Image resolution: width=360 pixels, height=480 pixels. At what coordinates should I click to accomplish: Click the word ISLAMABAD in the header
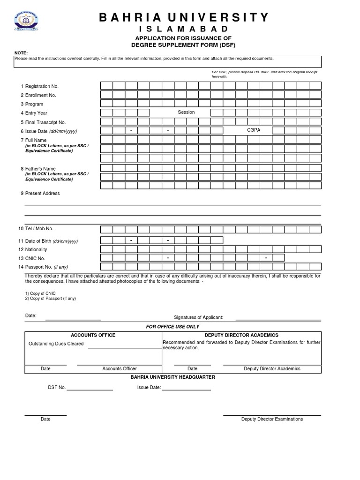[184, 30]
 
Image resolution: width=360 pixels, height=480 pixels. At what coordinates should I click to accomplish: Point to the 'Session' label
[186, 112]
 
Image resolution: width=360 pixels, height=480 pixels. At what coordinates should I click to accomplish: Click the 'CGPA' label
[253, 130]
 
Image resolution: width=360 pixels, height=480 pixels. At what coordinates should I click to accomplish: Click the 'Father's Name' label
[40, 169]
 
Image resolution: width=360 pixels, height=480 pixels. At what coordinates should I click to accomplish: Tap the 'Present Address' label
[42, 193]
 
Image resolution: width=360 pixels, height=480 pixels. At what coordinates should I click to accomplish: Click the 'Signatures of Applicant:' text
[198, 317]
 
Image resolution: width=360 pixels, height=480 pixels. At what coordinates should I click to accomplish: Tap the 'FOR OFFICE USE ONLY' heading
[172, 327]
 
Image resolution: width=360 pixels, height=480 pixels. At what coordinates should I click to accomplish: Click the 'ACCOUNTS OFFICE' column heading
[93, 335]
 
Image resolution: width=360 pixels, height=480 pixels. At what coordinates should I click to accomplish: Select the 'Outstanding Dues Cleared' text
[56, 344]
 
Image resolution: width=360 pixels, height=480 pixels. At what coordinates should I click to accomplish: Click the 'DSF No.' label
[57, 388]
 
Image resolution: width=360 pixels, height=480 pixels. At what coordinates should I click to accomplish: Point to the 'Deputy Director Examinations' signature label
[272, 419]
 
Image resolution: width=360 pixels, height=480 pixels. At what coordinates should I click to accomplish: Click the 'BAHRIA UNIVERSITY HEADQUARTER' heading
[172, 377]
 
